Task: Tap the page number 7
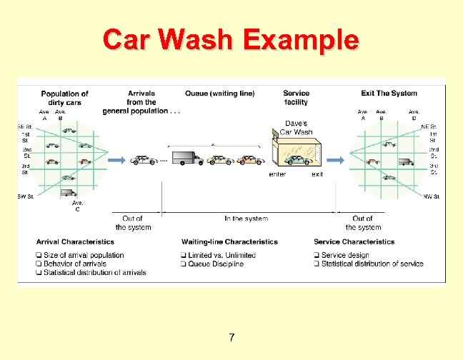click(x=231, y=337)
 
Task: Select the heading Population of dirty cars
click(x=64, y=98)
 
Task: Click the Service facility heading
click(x=296, y=98)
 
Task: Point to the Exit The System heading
click(x=389, y=94)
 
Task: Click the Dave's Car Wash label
click(x=296, y=128)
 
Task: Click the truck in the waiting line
click(x=188, y=159)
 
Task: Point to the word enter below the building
click(x=277, y=174)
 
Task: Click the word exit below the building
click(x=317, y=174)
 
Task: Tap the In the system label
click(x=247, y=219)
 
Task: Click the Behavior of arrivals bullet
click(x=74, y=264)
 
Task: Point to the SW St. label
click(x=26, y=196)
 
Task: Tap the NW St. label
click(x=432, y=196)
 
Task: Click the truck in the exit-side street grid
click(x=406, y=162)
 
